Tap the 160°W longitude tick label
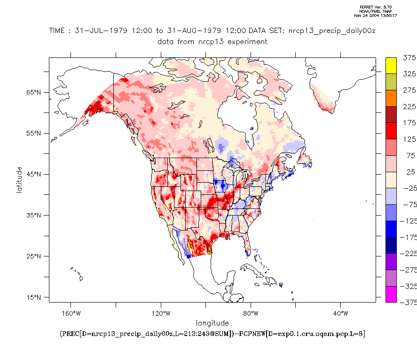(x=71, y=313)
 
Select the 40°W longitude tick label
(x=340, y=313)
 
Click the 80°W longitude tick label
(x=251, y=313)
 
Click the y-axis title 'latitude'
(x=19, y=179)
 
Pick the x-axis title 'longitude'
(x=212, y=323)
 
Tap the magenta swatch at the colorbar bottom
(x=391, y=294)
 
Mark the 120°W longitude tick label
(x=160, y=313)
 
